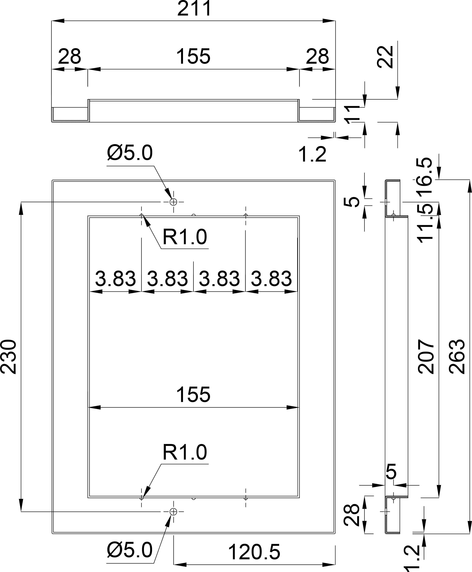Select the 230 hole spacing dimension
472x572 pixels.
coord(9,357)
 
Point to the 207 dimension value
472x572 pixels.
coord(426,357)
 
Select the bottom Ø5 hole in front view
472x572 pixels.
coord(174,512)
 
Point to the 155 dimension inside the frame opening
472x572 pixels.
coord(193,394)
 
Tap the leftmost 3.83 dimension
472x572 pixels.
coord(115,279)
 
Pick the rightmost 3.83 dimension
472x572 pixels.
coord(271,279)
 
